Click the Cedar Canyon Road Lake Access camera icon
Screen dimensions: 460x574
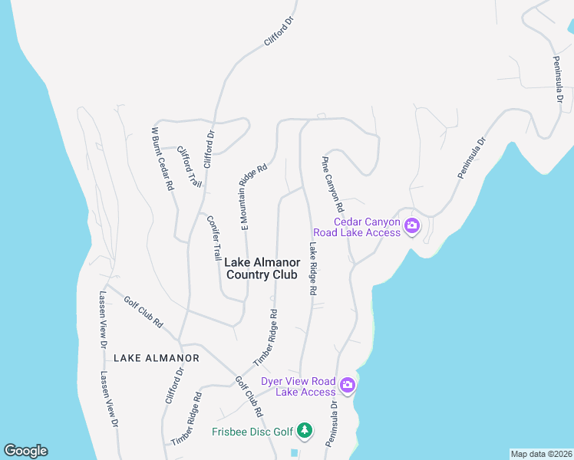(x=411, y=225)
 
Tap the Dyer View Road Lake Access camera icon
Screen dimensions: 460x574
(x=347, y=385)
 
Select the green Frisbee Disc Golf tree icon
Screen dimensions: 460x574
(x=305, y=431)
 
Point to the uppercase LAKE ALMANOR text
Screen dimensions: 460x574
(x=157, y=358)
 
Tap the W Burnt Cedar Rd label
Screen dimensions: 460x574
(x=163, y=159)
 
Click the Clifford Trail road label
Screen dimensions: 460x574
(x=190, y=167)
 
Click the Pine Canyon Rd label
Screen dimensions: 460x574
(x=332, y=184)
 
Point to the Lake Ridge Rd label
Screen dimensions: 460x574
(x=313, y=269)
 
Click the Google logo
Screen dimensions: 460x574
(x=25, y=451)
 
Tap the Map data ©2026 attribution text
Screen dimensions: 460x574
(x=540, y=454)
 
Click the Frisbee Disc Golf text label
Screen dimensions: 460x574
(x=252, y=432)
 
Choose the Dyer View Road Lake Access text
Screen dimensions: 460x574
(x=298, y=386)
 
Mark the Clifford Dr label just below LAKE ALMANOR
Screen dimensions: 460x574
(x=174, y=386)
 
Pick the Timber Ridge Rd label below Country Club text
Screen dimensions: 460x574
(x=265, y=337)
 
